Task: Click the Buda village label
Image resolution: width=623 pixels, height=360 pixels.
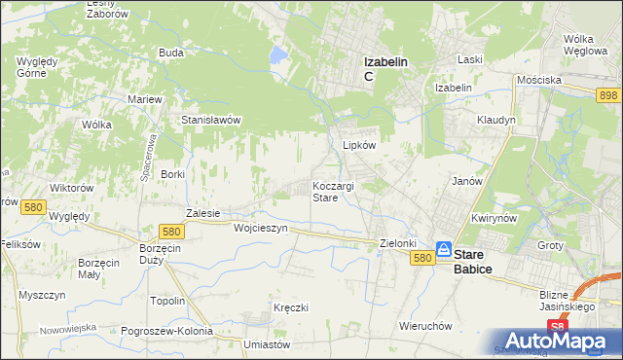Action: [171, 53]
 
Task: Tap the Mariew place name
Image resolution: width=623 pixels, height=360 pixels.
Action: [144, 99]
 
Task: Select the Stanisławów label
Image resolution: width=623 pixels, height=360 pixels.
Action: [211, 120]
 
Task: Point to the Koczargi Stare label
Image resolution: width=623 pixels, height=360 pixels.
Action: [332, 191]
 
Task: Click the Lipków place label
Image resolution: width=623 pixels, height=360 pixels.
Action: [358, 145]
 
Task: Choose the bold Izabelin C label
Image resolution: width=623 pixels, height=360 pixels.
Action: [385, 67]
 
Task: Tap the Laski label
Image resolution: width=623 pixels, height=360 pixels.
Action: [470, 59]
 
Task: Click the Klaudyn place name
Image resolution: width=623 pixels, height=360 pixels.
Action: [495, 120]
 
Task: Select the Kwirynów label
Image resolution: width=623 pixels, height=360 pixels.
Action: [491, 219]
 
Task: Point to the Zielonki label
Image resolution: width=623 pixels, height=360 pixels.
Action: [397, 243]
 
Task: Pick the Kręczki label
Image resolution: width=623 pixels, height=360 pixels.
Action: [291, 307]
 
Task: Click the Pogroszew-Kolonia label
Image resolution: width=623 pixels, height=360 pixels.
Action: [166, 331]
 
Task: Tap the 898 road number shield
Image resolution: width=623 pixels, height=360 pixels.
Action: [609, 92]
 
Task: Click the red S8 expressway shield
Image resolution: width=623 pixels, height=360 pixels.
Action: [556, 326]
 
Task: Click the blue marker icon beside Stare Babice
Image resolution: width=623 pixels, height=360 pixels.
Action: [444, 250]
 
